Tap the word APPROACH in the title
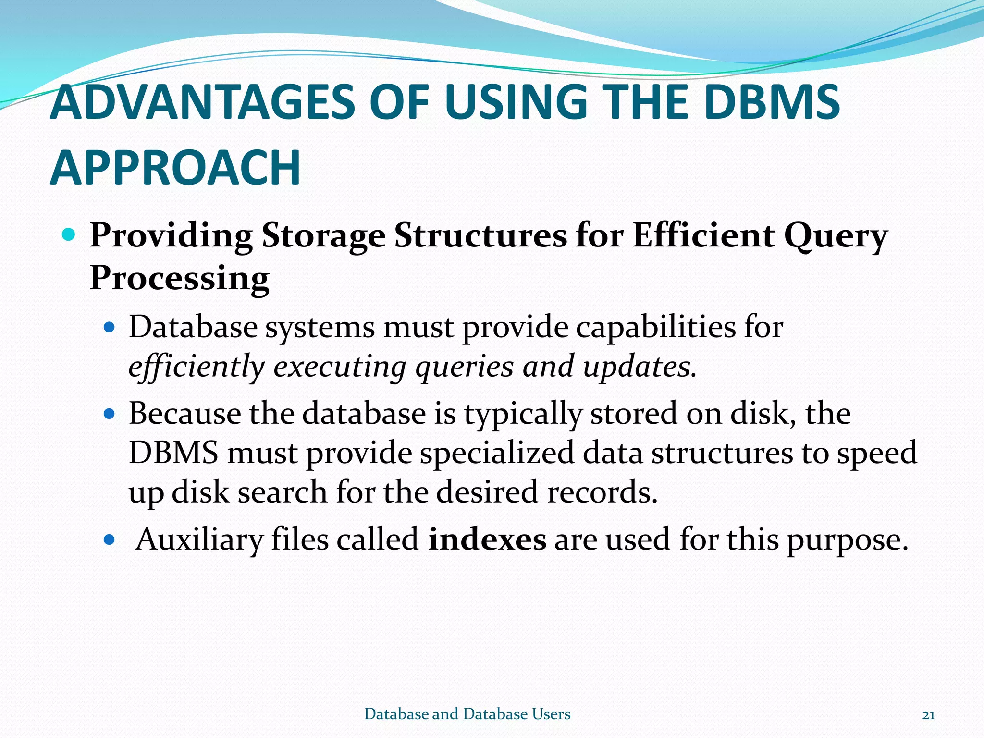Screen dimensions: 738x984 (x=175, y=168)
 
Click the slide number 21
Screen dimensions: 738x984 (x=928, y=715)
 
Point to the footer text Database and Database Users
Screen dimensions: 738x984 (x=467, y=714)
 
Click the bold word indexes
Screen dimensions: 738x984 (x=487, y=539)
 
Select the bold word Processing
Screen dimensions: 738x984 (x=179, y=279)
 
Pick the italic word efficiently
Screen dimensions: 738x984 (x=196, y=368)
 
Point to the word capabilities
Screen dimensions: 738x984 (x=655, y=328)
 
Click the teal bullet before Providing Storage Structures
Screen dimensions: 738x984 (x=69, y=235)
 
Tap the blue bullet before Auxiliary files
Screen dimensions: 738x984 (x=110, y=540)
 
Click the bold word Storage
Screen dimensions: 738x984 (x=323, y=236)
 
